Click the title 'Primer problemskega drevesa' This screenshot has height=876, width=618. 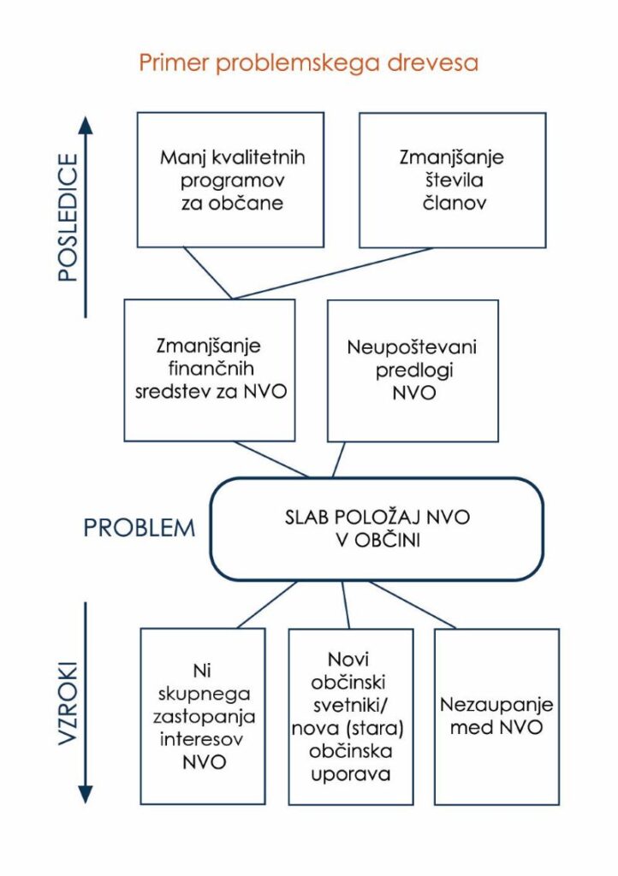coord(308,64)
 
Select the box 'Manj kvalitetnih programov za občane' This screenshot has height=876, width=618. coord(232,180)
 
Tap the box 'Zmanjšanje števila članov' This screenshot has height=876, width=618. coord(452,180)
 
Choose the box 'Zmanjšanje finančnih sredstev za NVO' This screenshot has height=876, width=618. coord(209,370)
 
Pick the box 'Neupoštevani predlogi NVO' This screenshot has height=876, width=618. coord(413,370)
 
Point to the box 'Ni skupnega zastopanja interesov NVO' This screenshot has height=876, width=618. coord(204,715)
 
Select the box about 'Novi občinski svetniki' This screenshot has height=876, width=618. coord(350,717)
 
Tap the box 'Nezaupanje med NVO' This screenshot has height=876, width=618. coord(496,717)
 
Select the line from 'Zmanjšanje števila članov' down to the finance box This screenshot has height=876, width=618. coord(334,273)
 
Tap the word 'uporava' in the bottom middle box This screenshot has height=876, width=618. coord(350,775)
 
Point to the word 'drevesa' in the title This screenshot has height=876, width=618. coord(439,64)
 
